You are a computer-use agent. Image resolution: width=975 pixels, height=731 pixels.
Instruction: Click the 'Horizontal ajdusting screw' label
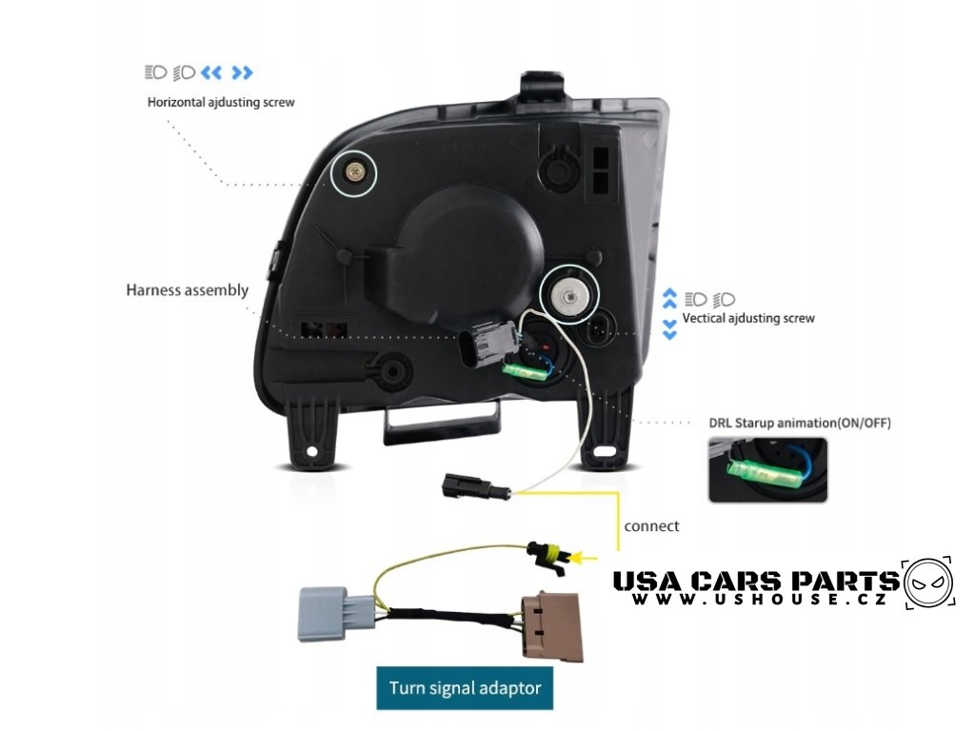[x=221, y=102]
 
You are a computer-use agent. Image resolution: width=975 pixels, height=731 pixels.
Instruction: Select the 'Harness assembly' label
[x=187, y=290]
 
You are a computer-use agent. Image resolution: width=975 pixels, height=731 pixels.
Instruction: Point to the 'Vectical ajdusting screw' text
[x=748, y=318]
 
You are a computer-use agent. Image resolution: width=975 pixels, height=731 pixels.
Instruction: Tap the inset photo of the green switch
[x=767, y=469]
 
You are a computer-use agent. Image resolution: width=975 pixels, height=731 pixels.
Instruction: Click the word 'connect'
[x=651, y=525]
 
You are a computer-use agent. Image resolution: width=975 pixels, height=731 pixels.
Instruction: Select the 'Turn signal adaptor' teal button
[x=465, y=687]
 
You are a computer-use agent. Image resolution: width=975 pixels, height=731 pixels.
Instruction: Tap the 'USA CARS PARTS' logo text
[x=754, y=581]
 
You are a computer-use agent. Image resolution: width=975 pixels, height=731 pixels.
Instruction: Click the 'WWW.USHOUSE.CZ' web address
[x=759, y=601]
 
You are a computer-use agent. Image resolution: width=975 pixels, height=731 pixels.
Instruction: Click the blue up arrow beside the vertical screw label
[x=669, y=296]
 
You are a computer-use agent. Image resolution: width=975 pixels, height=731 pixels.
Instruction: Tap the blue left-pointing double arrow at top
[x=211, y=72]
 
